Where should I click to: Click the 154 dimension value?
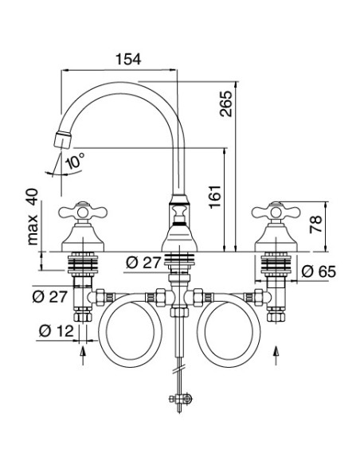pos(128,59)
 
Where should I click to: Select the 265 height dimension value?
pos(226,104)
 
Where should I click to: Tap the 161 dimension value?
pos(215,197)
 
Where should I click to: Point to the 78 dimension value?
pos(315,225)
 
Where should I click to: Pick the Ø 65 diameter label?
pos(319,272)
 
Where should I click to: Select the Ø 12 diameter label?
pos(56,330)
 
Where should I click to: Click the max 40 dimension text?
pos(33,217)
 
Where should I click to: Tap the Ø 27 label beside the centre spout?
pos(143,263)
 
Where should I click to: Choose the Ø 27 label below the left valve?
pos(49,296)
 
